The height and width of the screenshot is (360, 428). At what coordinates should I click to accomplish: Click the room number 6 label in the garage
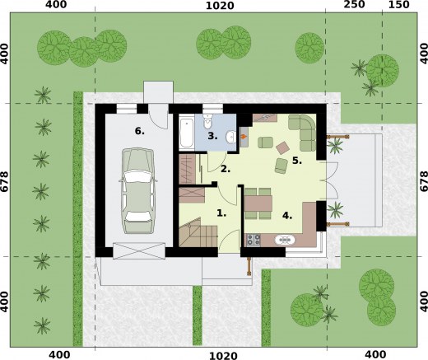[x=140, y=130]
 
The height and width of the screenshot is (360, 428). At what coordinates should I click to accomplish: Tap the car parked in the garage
[x=137, y=189]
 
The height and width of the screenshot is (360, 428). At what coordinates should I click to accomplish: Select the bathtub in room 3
[x=187, y=131]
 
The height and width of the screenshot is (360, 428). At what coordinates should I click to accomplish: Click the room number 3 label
[x=212, y=136]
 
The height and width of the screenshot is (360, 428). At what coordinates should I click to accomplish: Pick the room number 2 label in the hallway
[x=224, y=168]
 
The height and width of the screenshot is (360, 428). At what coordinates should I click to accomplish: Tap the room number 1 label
[x=220, y=212]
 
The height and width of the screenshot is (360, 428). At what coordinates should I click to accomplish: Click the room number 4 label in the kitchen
[x=286, y=215]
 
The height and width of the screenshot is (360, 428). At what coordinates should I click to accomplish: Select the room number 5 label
[x=296, y=161]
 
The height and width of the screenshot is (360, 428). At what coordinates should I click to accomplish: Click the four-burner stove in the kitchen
[x=253, y=241]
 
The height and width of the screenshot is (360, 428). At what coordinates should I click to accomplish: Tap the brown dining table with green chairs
[x=259, y=203]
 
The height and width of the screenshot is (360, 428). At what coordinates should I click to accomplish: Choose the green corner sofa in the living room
[x=304, y=132]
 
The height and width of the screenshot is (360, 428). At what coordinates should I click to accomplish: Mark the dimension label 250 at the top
[x=354, y=6]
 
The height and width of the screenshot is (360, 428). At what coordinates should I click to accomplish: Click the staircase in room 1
[x=195, y=234]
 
